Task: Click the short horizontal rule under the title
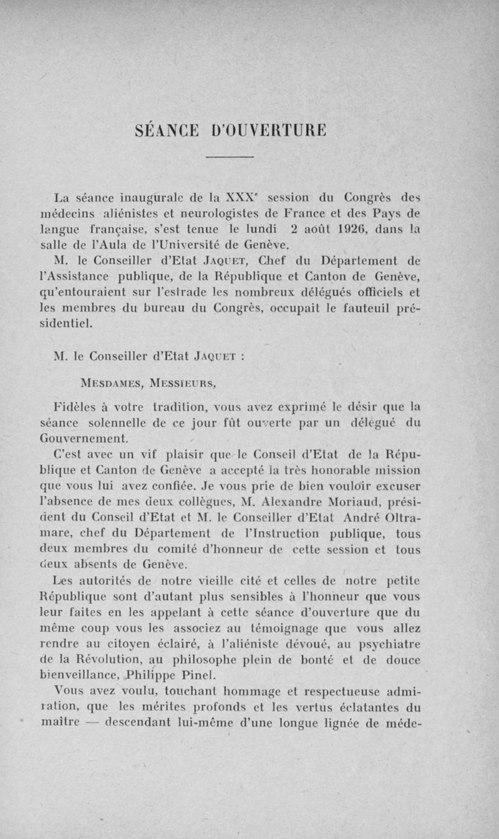click(x=229, y=156)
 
